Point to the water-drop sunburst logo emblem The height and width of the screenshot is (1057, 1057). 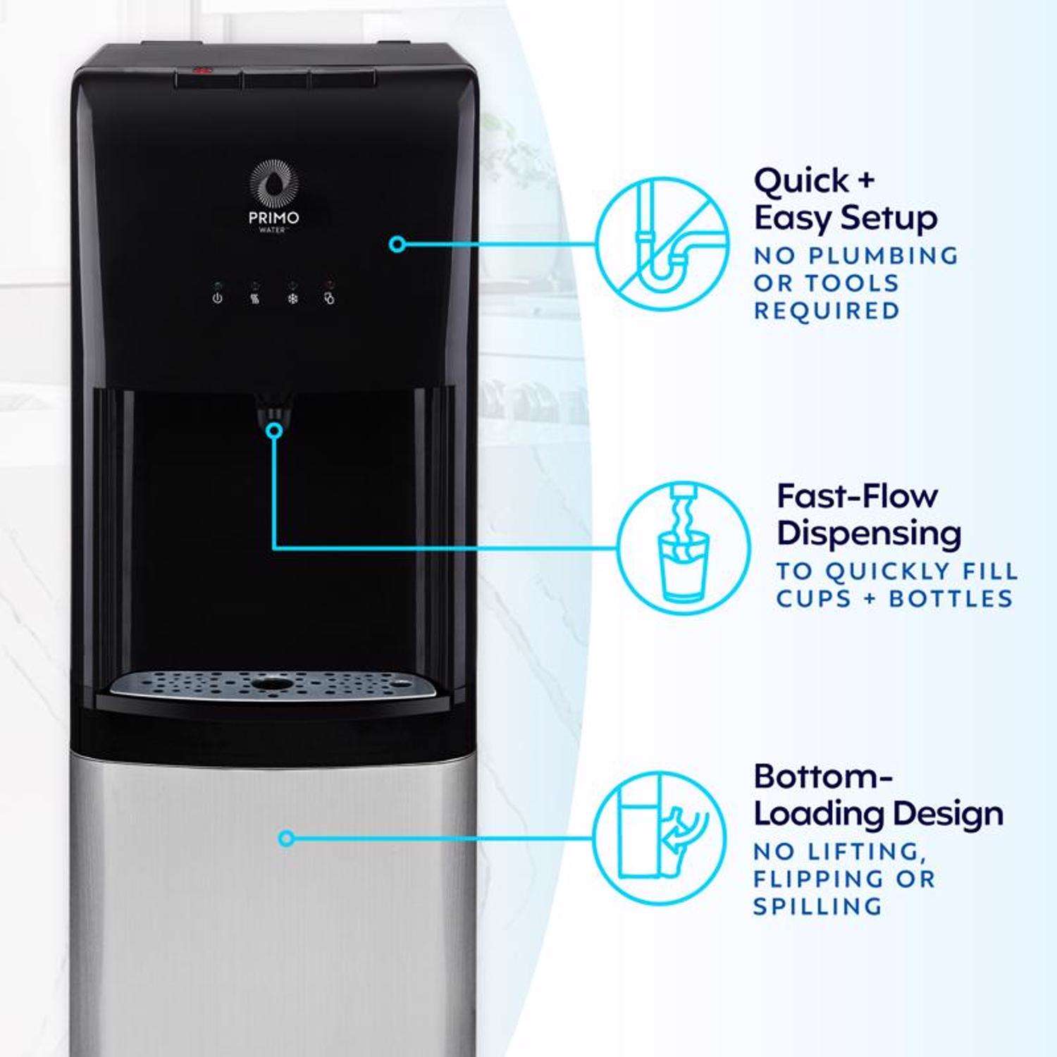[x=275, y=185]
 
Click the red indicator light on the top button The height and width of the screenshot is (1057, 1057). [x=203, y=70]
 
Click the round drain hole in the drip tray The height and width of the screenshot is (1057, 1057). [x=275, y=684]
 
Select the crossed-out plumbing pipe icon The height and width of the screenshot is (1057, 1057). [x=662, y=244]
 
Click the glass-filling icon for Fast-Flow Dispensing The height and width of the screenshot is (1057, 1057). [x=683, y=546]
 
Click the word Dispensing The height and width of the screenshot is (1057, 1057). [x=869, y=533]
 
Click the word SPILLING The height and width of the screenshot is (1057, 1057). [x=817, y=906]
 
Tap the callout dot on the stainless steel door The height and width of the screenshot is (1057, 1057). [x=286, y=839]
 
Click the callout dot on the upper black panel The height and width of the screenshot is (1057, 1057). [x=397, y=244]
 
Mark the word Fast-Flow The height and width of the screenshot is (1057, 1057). [x=858, y=496]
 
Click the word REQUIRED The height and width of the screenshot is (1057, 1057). [x=827, y=311]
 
